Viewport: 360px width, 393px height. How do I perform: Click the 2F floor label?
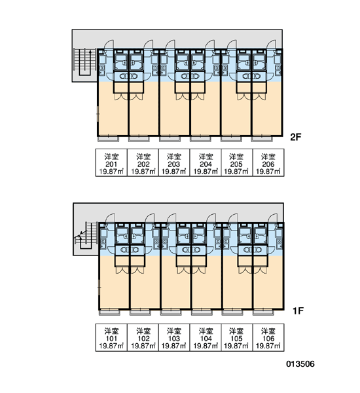[x=295, y=137]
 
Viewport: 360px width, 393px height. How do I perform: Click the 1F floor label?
[x=298, y=310]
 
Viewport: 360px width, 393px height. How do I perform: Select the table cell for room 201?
[x=111, y=162]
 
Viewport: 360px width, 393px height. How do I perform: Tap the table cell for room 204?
[x=206, y=162]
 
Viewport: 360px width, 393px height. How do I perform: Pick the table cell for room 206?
[x=268, y=162]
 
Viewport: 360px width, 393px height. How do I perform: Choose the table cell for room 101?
[x=111, y=337]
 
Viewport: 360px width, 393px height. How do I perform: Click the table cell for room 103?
[x=174, y=337]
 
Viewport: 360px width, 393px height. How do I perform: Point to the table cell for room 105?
[x=237, y=337]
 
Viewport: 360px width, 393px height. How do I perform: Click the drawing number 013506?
[x=300, y=364]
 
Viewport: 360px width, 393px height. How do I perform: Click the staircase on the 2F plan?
[x=85, y=62]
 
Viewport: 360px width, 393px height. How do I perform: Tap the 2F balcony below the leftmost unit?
[x=108, y=139]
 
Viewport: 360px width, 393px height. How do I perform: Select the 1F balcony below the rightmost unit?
[x=263, y=312]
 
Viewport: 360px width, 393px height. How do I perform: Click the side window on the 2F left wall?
[x=98, y=114]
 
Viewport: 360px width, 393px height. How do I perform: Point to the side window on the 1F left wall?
[x=99, y=288]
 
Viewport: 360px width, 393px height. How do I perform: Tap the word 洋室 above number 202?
[x=143, y=157]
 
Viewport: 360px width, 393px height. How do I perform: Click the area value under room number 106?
[x=268, y=346]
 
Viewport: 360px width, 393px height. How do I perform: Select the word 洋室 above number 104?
[x=206, y=331]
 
